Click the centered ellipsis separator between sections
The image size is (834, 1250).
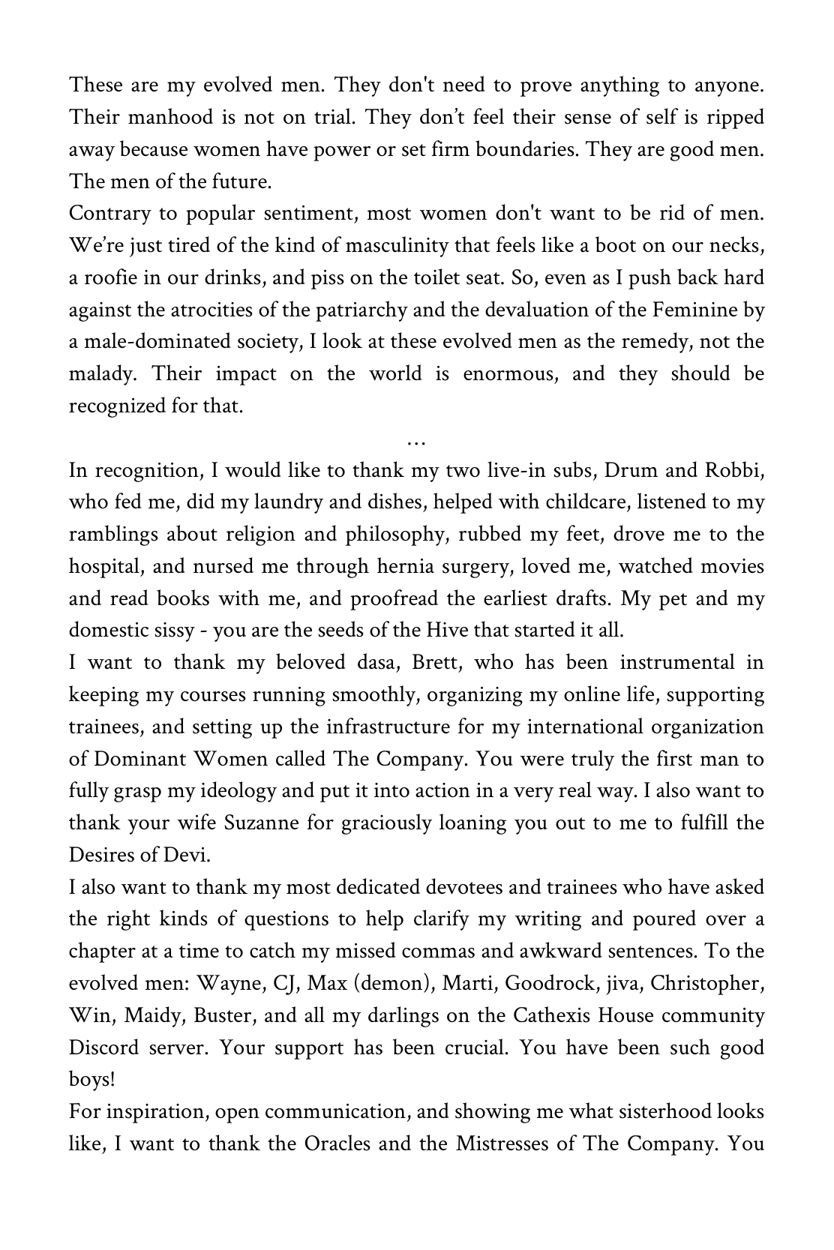(416, 442)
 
